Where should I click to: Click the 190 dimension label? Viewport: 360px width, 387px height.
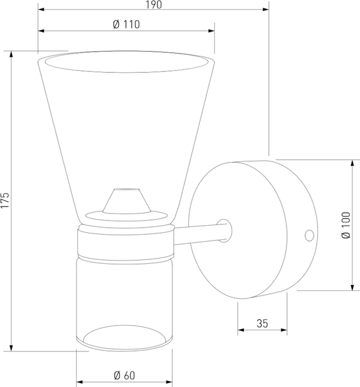pos(154,5)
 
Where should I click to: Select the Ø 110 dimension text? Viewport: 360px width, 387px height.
pos(126,25)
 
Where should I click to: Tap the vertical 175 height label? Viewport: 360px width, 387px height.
pos(5,200)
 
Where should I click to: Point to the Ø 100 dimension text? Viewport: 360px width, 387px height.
pos(346,225)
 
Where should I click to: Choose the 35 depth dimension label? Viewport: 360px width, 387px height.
pos(262,323)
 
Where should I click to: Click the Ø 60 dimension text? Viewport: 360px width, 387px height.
pos(125,375)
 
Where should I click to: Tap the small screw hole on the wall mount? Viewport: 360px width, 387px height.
pos(310,235)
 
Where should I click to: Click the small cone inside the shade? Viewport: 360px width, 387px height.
pos(126,201)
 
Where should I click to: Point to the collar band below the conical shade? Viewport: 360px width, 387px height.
pos(126,244)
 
